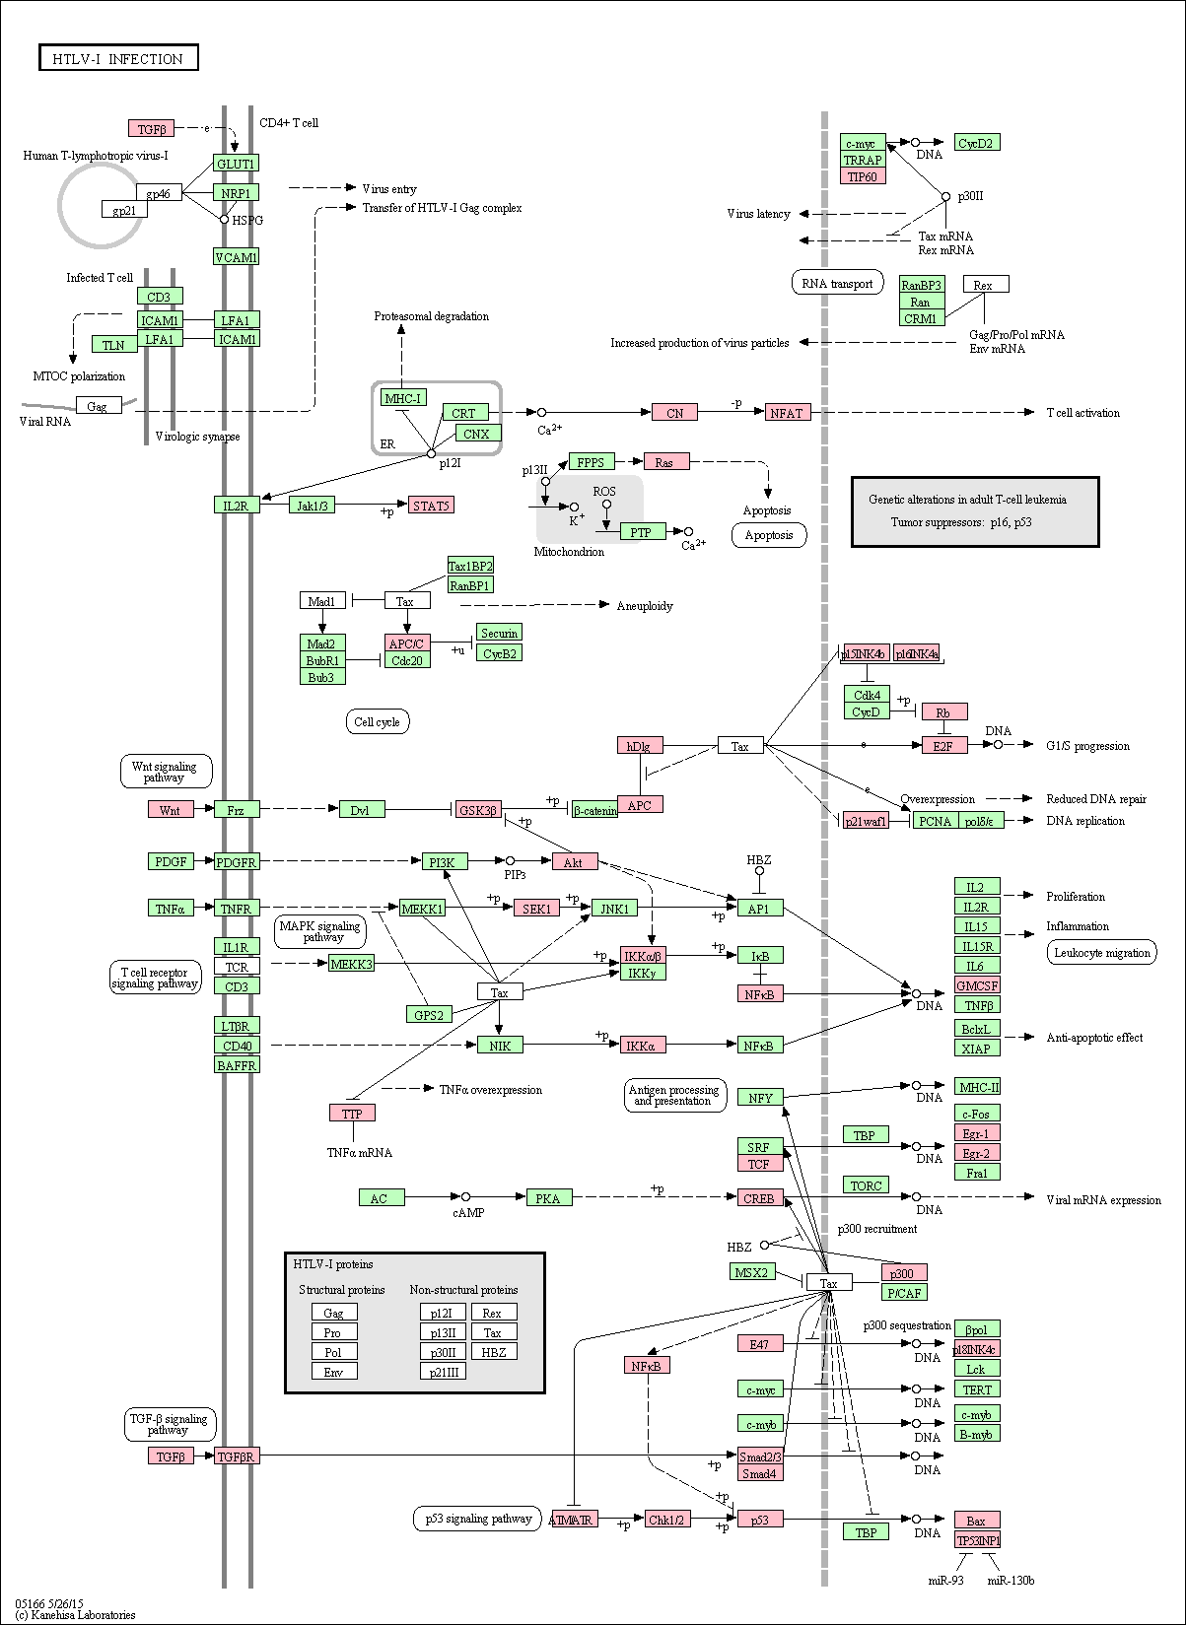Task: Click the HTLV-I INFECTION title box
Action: [118, 58]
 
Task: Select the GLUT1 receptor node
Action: [236, 163]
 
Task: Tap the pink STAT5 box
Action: [431, 505]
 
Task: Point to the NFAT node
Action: [787, 412]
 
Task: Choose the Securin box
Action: [500, 632]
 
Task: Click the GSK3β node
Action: [477, 809]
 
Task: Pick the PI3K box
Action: [445, 861]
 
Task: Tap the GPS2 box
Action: [428, 1014]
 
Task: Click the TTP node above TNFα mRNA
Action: [352, 1113]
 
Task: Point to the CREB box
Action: [760, 1197]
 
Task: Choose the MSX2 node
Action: [752, 1271]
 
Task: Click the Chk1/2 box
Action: [666, 1520]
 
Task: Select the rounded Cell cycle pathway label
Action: [378, 721]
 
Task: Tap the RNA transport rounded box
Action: [838, 283]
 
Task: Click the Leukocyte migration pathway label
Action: [1102, 952]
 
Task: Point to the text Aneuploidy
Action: [645, 606]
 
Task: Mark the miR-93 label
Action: [945, 1580]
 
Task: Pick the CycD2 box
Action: [976, 143]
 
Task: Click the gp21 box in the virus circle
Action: [124, 210]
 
